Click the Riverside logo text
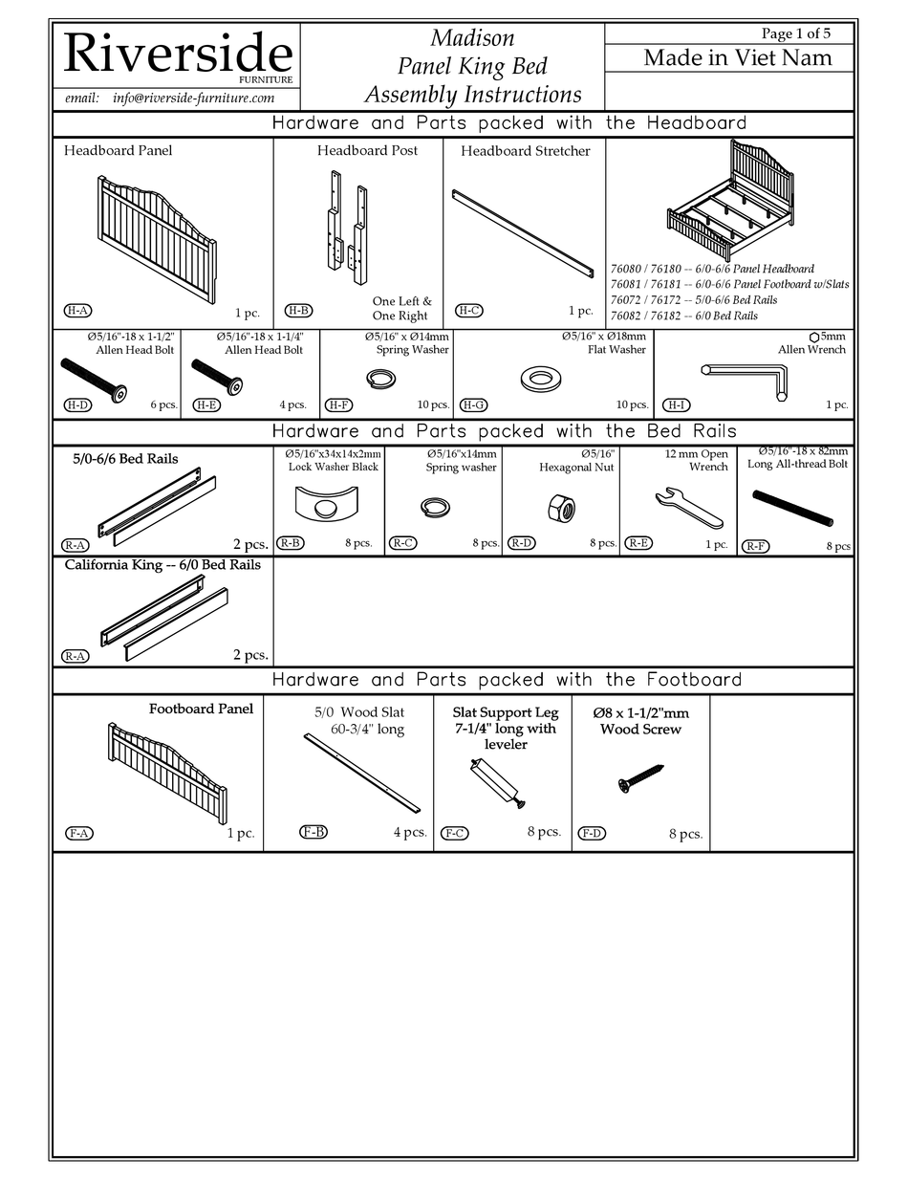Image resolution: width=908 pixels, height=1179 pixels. (x=177, y=55)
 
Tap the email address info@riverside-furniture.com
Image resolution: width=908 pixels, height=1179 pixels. (x=193, y=98)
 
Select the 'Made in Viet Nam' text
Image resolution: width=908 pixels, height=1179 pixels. (x=737, y=57)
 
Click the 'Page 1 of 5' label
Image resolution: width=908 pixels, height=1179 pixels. (x=795, y=33)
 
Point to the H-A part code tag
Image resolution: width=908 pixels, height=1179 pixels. (x=77, y=311)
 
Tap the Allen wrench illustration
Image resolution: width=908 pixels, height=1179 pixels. (x=745, y=380)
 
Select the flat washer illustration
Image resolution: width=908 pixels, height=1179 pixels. (x=541, y=379)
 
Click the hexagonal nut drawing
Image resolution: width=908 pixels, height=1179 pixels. (x=561, y=507)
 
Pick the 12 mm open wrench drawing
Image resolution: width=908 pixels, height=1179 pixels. (x=689, y=508)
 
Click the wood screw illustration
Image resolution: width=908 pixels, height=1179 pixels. (x=640, y=777)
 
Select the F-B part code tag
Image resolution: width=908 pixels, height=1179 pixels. (x=313, y=832)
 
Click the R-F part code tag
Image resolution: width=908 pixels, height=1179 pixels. (x=755, y=546)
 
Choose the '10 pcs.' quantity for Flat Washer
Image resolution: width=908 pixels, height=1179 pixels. (x=632, y=405)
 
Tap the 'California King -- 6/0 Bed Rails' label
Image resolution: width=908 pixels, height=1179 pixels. (x=162, y=565)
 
